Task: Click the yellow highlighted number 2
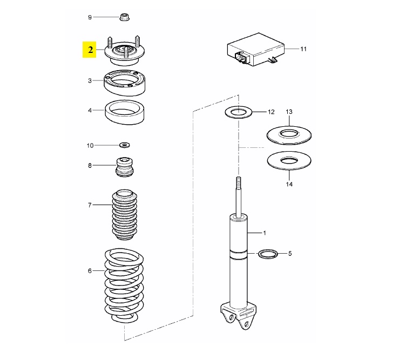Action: [91, 50]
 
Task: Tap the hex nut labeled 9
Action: [125, 17]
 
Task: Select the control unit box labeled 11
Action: [255, 50]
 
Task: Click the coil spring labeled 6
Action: [124, 286]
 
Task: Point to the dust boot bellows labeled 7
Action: [125, 215]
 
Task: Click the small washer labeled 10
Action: [125, 145]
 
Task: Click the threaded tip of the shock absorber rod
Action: [239, 181]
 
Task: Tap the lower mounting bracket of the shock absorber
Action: [238, 316]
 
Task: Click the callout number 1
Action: [265, 233]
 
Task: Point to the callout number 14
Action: [289, 184]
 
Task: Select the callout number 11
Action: [303, 49]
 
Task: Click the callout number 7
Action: [90, 205]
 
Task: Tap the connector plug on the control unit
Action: [240, 58]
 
